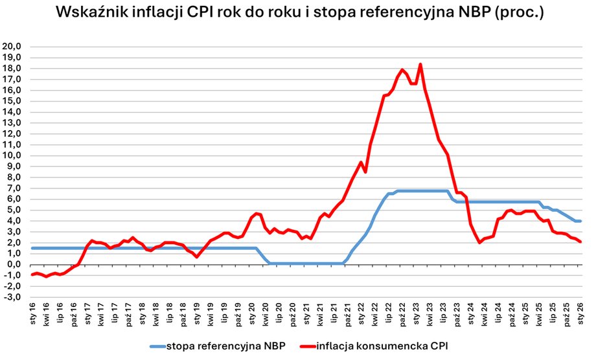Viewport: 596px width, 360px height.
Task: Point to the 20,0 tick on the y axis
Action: pyautogui.click(x=14, y=47)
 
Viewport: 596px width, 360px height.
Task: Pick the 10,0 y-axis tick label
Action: pyautogui.click(x=14, y=155)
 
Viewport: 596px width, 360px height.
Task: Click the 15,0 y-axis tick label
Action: pyautogui.click(x=14, y=101)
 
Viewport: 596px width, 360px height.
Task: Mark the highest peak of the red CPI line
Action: pyautogui.click(x=420, y=64)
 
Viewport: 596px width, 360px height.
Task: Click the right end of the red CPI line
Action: pyautogui.click(x=580, y=242)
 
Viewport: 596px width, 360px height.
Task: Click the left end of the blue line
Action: pyautogui.click(x=32, y=248)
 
